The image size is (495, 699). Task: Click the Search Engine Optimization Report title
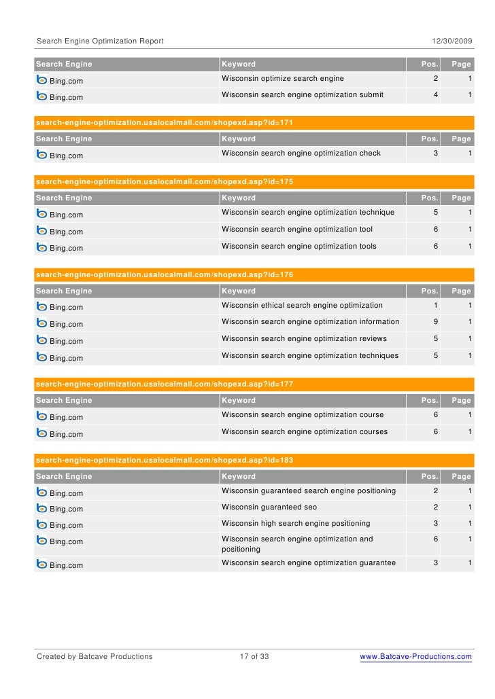(100, 41)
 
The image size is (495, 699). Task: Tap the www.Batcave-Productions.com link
(415, 657)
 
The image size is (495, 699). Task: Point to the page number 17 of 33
(254, 657)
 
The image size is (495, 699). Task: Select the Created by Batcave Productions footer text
(95, 657)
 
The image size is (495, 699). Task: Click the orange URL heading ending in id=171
(164, 123)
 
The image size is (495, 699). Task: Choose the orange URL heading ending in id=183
(164, 461)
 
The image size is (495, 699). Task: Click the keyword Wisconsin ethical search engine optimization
(302, 306)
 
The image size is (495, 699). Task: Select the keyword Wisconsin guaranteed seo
(269, 507)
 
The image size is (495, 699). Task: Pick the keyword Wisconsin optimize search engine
(283, 79)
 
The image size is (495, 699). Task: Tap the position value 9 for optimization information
(436, 322)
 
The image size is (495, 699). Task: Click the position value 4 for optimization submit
(436, 95)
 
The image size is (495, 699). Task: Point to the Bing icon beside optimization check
(41, 155)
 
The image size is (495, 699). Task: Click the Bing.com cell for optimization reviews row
(66, 342)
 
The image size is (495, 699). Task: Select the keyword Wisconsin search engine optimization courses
(305, 432)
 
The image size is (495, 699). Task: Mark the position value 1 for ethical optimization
(436, 306)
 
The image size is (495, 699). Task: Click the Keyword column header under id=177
(239, 401)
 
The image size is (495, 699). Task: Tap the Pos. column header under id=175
(430, 198)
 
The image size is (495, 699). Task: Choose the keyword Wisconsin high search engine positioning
(296, 524)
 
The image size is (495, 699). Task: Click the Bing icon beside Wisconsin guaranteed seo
(41, 508)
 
